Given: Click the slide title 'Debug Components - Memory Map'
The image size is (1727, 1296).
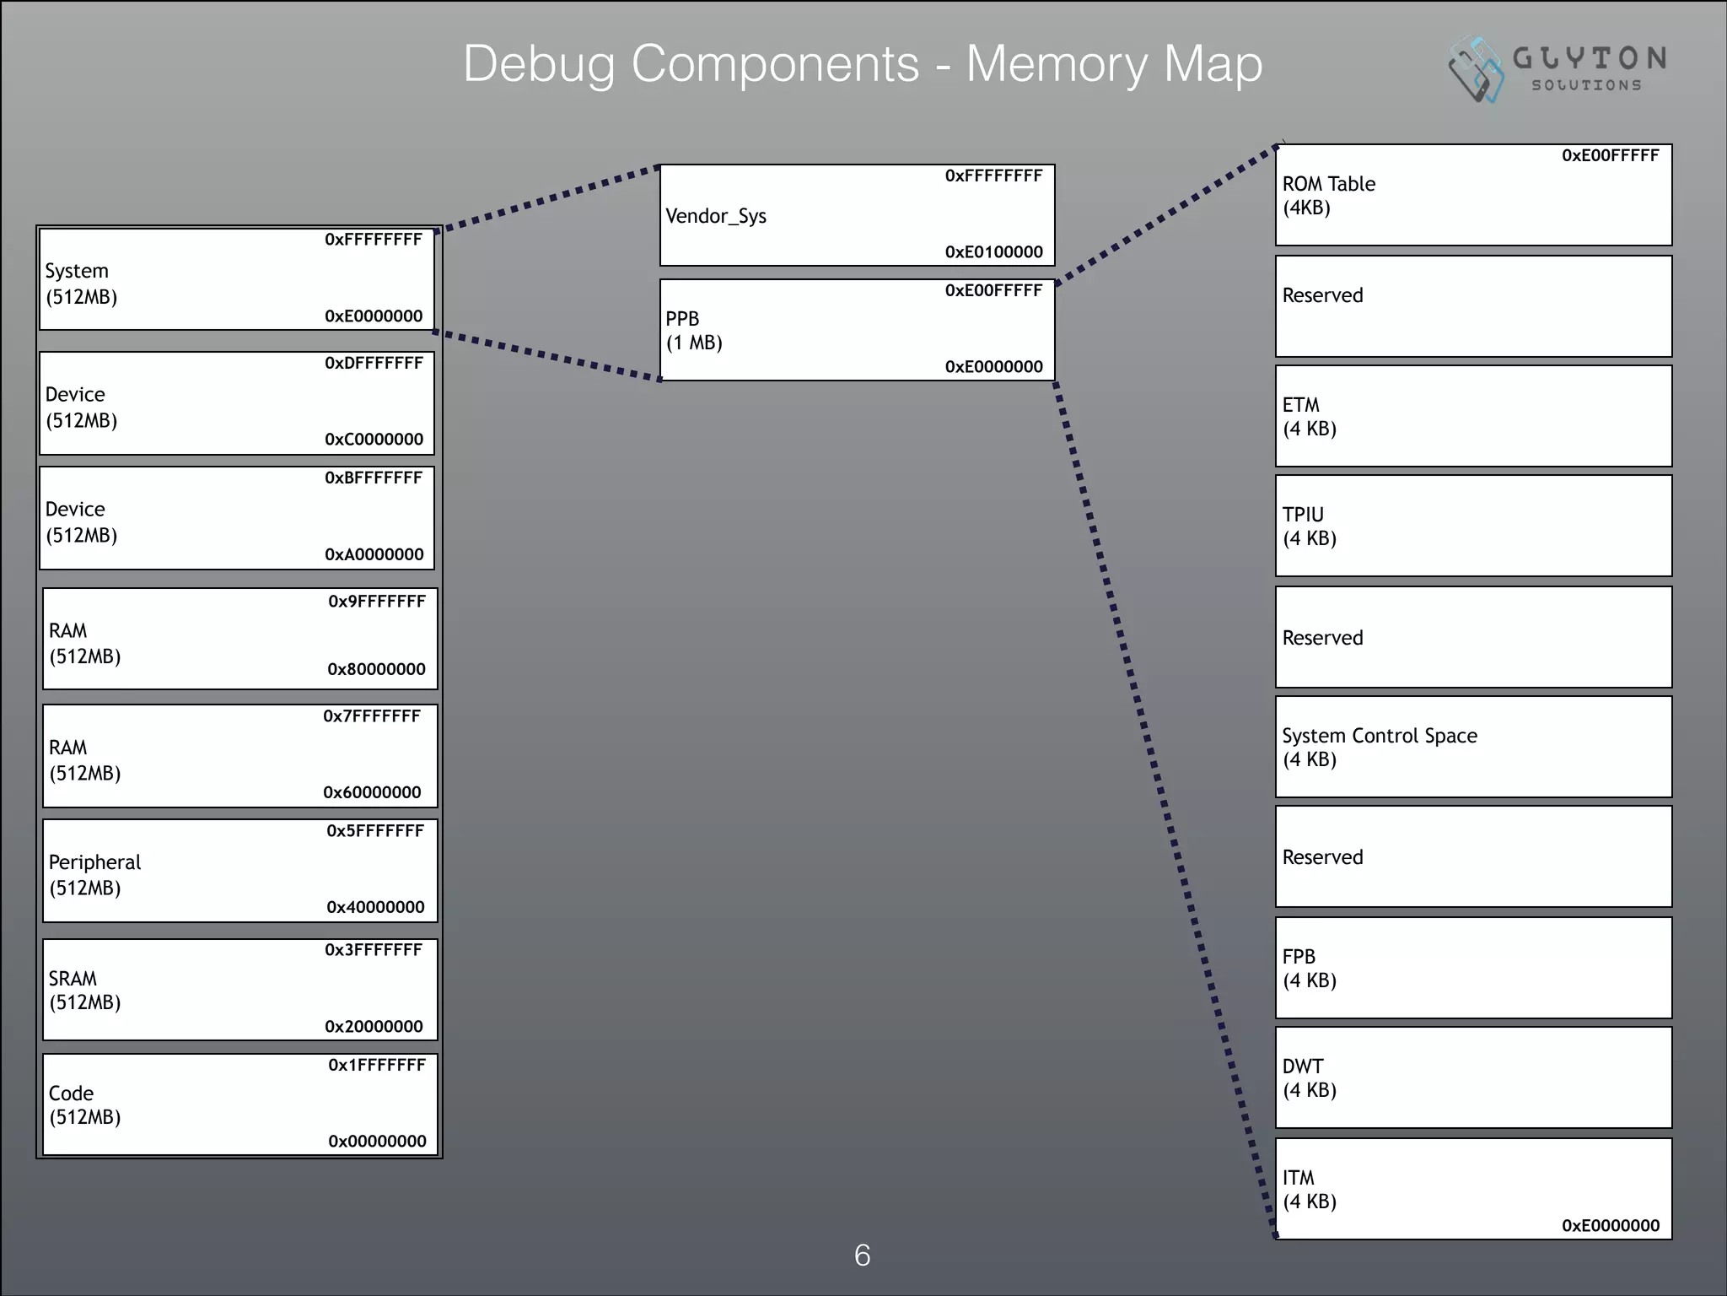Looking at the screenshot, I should point(863,64).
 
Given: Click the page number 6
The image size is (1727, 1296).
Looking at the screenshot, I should point(862,1255).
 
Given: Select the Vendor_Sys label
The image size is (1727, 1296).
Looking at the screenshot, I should point(716,216).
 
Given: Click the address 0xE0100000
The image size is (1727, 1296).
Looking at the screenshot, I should point(993,251).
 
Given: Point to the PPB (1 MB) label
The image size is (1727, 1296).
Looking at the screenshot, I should point(694,331).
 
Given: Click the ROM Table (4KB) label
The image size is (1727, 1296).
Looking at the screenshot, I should point(1328,196).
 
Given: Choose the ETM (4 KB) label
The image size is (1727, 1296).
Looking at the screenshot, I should point(1309,417).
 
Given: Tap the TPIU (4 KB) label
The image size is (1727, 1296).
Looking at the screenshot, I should point(1309,526).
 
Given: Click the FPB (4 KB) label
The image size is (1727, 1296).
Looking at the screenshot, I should point(1309,969).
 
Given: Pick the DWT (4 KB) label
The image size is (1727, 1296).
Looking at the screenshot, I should point(1309,1078).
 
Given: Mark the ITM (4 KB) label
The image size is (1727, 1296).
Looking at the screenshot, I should point(1309,1190).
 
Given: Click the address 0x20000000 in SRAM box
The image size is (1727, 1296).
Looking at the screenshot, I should point(374,1027).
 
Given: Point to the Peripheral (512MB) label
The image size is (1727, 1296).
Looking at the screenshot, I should point(94,874).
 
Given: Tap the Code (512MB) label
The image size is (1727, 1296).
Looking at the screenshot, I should point(84,1105).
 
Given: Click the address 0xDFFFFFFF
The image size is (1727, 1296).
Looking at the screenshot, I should point(374,363).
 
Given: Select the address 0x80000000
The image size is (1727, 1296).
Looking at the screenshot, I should point(376,669).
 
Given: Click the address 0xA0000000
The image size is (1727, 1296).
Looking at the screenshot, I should point(374,554).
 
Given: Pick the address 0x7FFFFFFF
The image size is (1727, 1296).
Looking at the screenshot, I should point(371,716).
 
